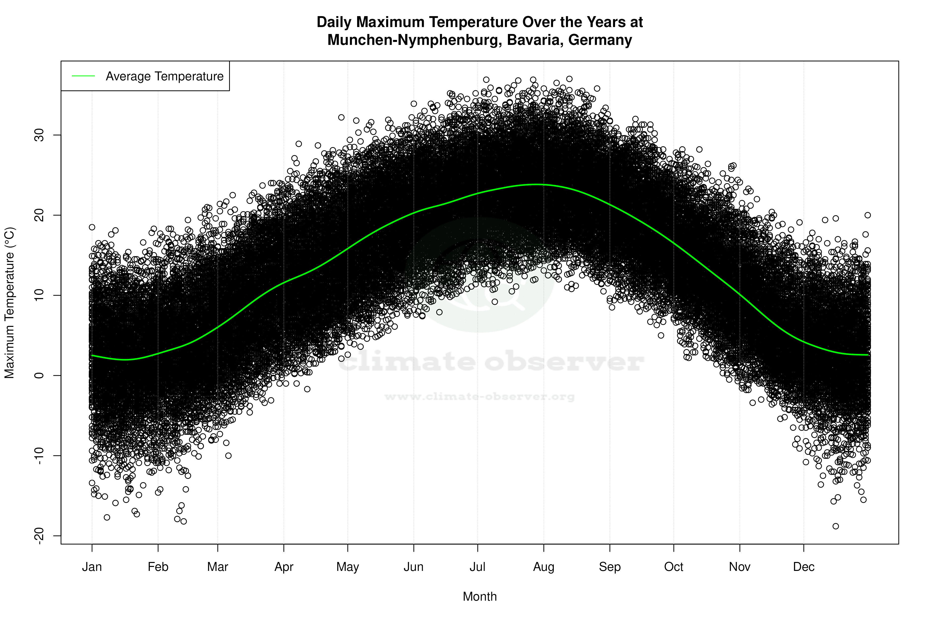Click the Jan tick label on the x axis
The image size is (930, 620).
92,567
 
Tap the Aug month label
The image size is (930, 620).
543,567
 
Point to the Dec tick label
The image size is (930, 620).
804,567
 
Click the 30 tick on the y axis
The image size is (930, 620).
39,135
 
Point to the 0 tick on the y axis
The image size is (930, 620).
39,375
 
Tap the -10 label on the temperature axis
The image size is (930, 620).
39,456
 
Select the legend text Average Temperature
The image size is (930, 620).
164,76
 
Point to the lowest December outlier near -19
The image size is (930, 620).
836,526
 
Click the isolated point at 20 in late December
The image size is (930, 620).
868,215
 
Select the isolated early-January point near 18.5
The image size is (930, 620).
92,227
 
